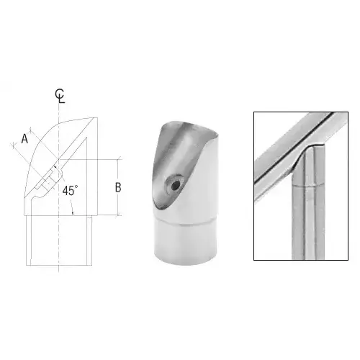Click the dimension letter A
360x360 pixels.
coord(25,139)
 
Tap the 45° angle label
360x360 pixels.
coord(70,191)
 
